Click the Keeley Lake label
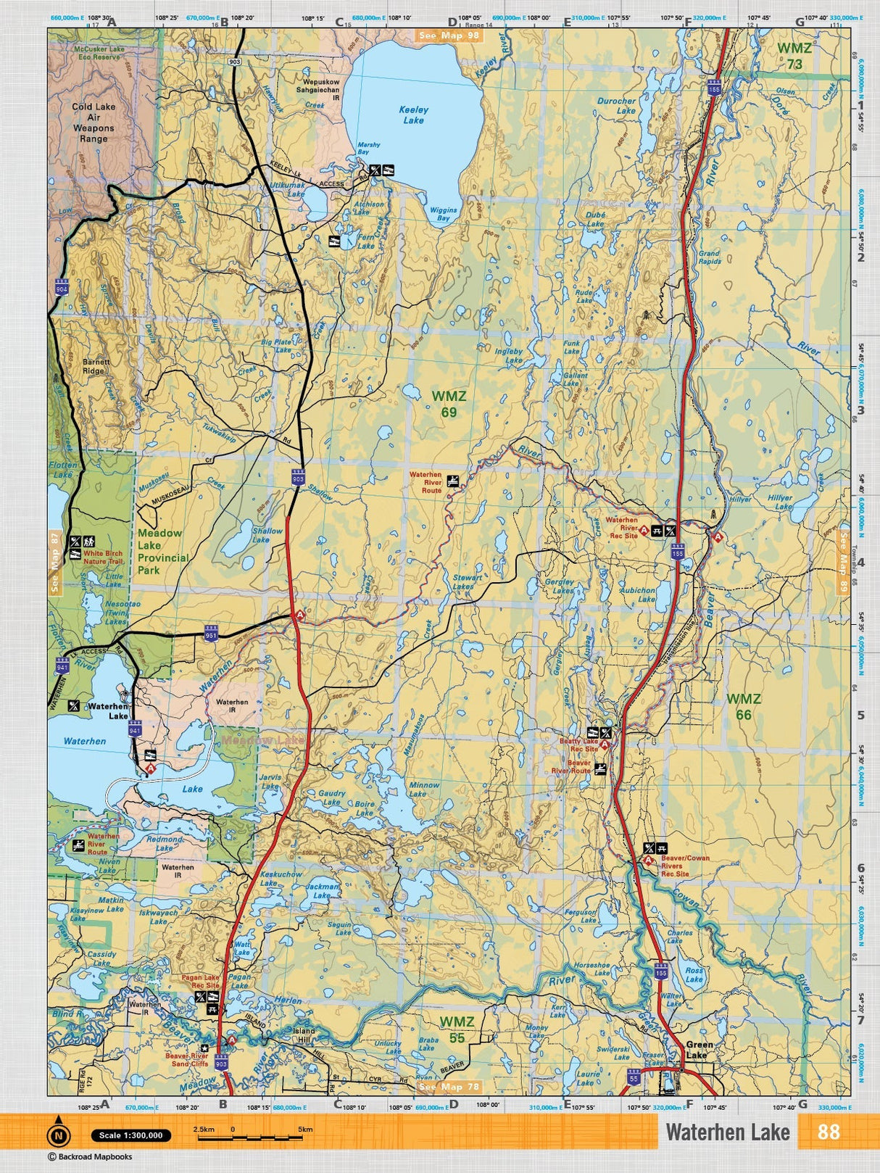[x=413, y=115]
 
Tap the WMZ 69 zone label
[x=449, y=404]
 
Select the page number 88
[x=828, y=1132]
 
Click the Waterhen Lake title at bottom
[x=728, y=1132]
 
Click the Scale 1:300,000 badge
[x=131, y=1135]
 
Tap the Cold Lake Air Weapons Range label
[x=94, y=123]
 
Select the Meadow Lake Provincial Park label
[x=162, y=552]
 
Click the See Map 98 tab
[x=449, y=35]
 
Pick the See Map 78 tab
[x=449, y=1087]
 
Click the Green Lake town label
[x=699, y=1050]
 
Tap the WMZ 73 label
[x=794, y=56]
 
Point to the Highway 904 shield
[x=61, y=288]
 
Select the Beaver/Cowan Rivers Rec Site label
[x=684, y=866]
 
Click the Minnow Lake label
[x=424, y=789]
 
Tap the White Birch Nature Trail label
[x=103, y=557]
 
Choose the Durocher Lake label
[x=616, y=106]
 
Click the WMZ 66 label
[x=744, y=706]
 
